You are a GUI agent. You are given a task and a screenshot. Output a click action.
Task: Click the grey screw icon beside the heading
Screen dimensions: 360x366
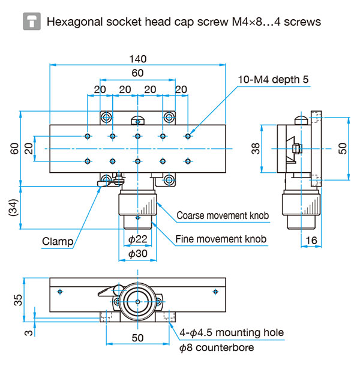(x=32, y=22)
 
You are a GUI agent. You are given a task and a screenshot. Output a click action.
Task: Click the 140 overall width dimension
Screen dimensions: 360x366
(x=138, y=59)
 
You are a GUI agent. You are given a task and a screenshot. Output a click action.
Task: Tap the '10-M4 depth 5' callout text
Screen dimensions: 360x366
(x=273, y=80)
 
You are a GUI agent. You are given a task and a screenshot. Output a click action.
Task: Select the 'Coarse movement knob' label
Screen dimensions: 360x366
(x=223, y=215)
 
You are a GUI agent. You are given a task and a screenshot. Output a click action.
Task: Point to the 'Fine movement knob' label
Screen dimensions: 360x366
(x=221, y=239)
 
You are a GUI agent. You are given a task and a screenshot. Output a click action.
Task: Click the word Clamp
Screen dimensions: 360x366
(x=58, y=241)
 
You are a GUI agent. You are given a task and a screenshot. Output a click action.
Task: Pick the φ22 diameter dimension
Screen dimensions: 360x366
(x=138, y=239)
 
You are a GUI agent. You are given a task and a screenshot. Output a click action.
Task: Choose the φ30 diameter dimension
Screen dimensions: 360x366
(x=138, y=253)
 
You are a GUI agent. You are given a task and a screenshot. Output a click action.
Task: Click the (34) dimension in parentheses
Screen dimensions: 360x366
(x=13, y=208)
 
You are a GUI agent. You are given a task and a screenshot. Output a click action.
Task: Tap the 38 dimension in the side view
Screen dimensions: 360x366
(x=256, y=149)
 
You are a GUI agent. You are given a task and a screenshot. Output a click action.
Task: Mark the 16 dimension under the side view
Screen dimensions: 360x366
(x=311, y=241)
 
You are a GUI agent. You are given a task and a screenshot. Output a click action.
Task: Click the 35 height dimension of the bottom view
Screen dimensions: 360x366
(x=18, y=300)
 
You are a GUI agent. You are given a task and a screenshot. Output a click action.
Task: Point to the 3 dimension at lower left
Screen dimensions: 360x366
(x=29, y=332)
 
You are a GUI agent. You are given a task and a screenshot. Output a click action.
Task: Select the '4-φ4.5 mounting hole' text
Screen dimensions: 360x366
(x=232, y=332)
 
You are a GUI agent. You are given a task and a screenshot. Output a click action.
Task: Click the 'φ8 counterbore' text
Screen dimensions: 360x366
(x=217, y=347)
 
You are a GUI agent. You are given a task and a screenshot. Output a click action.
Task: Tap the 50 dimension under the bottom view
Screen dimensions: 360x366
(x=137, y=338)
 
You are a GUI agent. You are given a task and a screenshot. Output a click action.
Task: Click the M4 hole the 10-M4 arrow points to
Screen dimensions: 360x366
(x=188, y=136)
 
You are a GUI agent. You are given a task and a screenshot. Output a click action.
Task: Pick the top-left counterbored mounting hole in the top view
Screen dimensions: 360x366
(x=106, y=117)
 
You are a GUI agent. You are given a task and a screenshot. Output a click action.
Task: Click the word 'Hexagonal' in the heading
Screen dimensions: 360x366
(x=75, y=22)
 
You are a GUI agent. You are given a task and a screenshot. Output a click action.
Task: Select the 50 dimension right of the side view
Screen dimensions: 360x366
(x=343, y=149)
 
